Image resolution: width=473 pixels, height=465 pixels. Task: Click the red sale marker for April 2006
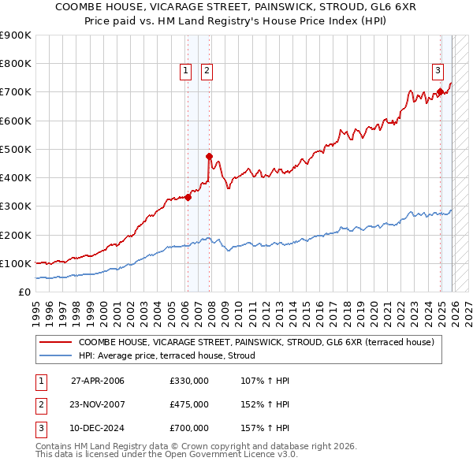(x=188, y=198)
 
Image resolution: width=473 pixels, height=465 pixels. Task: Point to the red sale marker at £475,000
(x=209, y=156)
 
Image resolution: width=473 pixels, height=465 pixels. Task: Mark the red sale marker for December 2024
(x=440, y=92)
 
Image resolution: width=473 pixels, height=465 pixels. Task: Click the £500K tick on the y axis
(x=16, y=149)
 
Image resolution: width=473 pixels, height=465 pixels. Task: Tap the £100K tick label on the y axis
(x=16, y=263)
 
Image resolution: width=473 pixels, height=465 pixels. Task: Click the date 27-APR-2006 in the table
(x=98, y=381)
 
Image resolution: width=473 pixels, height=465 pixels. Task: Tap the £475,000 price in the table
(x=188, y=404)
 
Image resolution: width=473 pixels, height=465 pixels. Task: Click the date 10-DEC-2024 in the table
(x=98, y=428)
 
